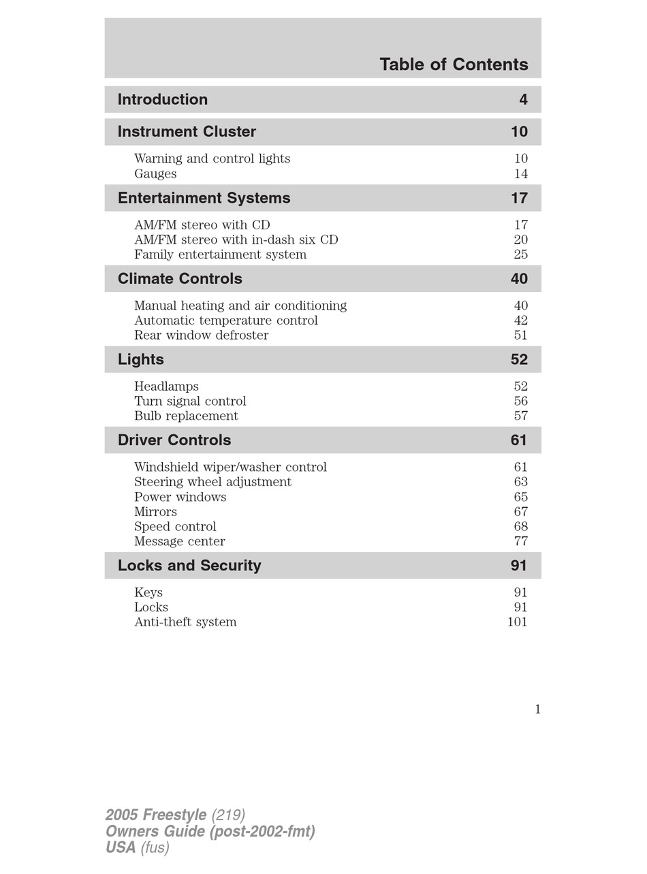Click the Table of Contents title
454,65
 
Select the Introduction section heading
163,100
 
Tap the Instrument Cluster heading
187,132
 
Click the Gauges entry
155,174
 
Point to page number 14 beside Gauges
521,174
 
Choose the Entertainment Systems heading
204,198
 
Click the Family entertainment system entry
220,255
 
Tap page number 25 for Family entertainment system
521,255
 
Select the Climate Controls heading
180,279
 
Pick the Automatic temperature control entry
226,321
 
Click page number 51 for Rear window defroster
521,336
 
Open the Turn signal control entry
190,402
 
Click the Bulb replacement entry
186,416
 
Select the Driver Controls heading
174,440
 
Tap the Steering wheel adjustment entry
212,482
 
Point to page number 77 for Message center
521,542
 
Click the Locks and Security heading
189,566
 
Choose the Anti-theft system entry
185,622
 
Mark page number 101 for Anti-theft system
518,622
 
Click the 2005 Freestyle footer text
156,815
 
